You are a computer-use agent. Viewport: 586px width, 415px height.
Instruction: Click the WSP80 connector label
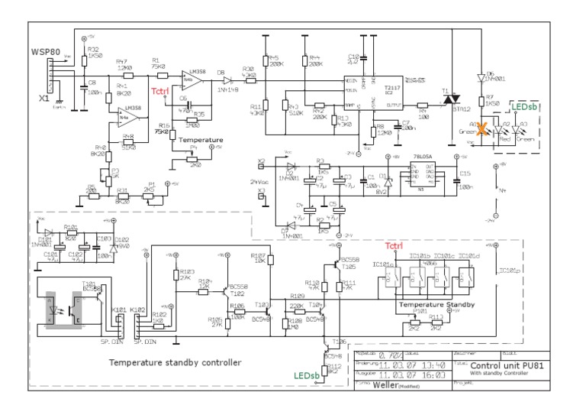click(x=45, y=51)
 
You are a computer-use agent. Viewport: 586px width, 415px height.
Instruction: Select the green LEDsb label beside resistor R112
click(x=305, y=375)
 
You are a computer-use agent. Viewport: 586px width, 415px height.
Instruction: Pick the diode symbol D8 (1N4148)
click(x=226, y=80)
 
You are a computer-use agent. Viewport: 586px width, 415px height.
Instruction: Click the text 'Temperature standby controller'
click(x=175, y=362)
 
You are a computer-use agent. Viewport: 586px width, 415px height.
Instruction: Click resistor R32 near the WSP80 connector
click(x=82, y=58)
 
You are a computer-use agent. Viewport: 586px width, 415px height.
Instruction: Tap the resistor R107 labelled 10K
click(x=271, y=261)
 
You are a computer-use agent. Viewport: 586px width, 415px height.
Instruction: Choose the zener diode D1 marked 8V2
click(x=388, y=183)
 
